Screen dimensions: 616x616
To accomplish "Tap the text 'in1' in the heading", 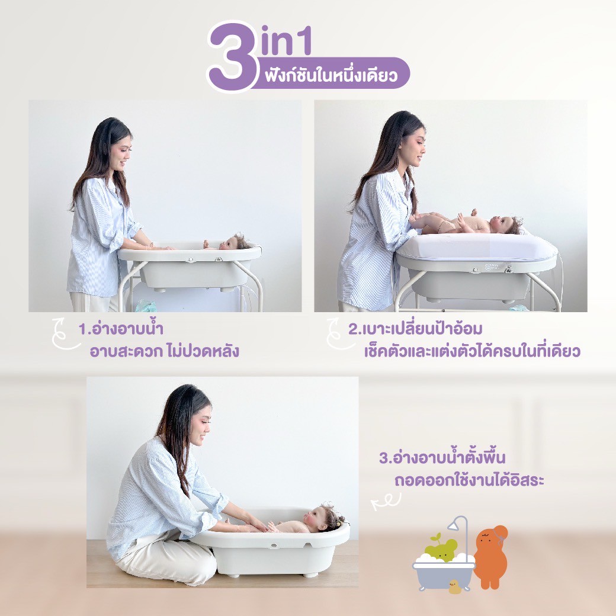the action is (x=287, y=41).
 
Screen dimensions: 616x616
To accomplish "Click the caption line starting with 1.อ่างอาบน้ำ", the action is (x=121, y=328).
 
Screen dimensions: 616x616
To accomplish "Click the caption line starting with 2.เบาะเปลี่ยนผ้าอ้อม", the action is (x=415, y=328).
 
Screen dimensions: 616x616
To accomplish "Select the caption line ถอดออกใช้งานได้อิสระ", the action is (x=469, y=480).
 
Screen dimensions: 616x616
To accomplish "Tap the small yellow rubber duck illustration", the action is (x=455, y=586).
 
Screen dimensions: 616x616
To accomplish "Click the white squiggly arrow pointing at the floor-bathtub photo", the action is (x=386, y=501).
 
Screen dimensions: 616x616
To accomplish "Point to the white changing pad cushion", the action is (x=476, y=247).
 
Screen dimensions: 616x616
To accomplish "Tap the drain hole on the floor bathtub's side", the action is (x=274, y=546).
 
